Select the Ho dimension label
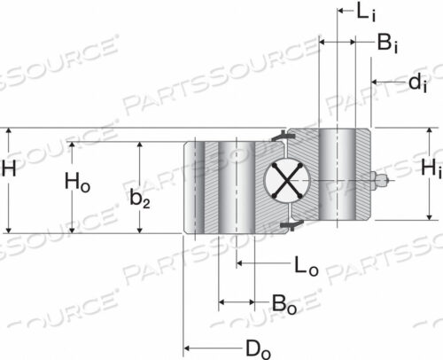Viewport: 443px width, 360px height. click(x=77, y=183)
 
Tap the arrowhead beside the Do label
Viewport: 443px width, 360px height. click(x=188, y=348)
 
